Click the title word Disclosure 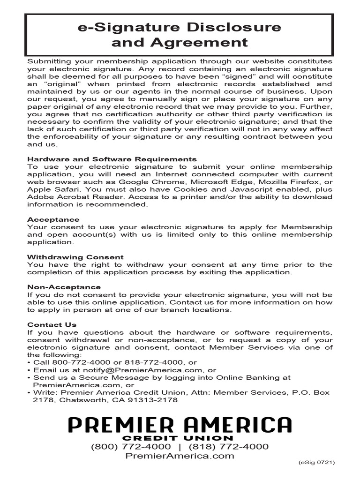click(x=232, y=27)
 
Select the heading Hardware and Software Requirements click(x=112, y=159)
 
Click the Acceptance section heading click(x=53, y=219)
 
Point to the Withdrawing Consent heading click(x=75, y=257)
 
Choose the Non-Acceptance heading click(x=64, y=287)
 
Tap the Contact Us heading click(x=52, y=324)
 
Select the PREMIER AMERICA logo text click(x=180, y=425)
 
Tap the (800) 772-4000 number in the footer click(x=131, y=446)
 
